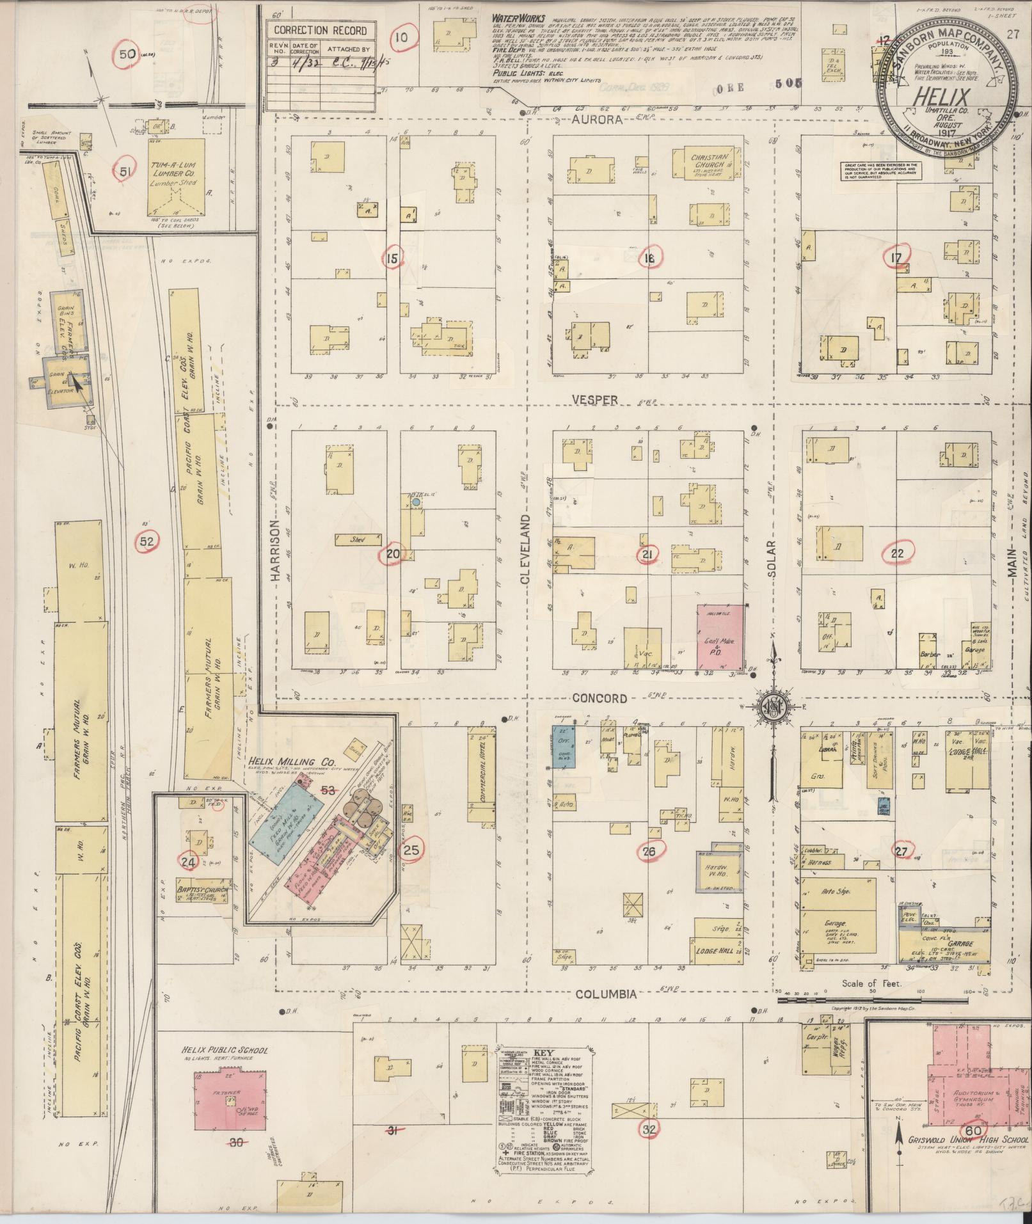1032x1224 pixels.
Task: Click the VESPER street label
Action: coord(595,399)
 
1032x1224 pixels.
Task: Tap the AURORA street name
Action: coord(598,120)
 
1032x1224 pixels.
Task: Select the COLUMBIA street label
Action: coord(605,1012)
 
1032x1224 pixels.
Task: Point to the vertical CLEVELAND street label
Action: coord(526,548)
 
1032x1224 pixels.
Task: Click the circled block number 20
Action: coord(392,555)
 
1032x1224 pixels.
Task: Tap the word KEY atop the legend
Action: coord(541,1053)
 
